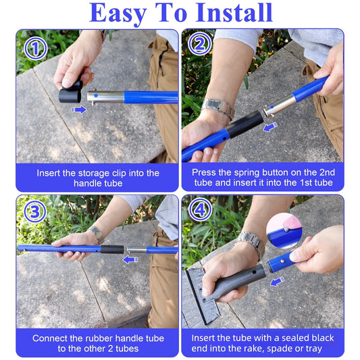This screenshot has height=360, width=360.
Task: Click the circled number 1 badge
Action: [x=36, y=48]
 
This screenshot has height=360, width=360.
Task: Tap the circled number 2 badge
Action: [x=200, y=44]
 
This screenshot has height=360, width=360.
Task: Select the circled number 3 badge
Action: [x=35, y=211]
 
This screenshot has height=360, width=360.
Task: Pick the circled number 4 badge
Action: [x=201, y=209]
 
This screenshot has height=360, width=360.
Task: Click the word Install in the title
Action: [x=234, y=13]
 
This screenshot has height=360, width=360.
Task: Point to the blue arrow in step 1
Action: [x=79, y=109]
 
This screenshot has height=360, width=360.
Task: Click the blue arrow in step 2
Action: [x=270, y=127]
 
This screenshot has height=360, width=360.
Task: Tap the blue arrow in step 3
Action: [x=130, y=259]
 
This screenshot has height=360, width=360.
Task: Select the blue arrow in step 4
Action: [x=277, y=281]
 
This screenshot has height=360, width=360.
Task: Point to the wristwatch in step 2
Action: [x=217, y=107]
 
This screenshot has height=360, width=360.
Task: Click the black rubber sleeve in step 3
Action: [x=112, y=249]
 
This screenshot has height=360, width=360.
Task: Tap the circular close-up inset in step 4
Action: [x=284, y=231]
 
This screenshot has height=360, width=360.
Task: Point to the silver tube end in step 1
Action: [x=105, y=97]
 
